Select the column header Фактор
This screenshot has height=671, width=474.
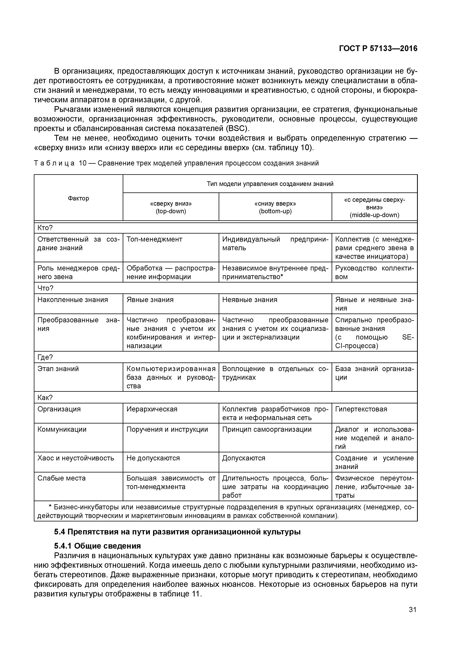[78, 198]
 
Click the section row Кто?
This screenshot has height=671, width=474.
[45, 228]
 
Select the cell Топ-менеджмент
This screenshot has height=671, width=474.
[154, 239]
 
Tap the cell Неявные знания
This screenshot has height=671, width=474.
[250, 300]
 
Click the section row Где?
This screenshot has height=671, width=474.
[45, 357]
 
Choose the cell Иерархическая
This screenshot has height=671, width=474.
[152, 409]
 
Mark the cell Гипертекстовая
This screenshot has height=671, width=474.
[361, 409]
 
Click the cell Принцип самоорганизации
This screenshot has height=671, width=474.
[267, 429]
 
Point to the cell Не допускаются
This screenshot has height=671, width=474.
[153, 458]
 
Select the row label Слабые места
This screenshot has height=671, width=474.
[61, 478]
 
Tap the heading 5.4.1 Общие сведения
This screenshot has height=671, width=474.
[97, 546]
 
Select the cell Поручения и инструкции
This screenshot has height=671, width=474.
[167, 429]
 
